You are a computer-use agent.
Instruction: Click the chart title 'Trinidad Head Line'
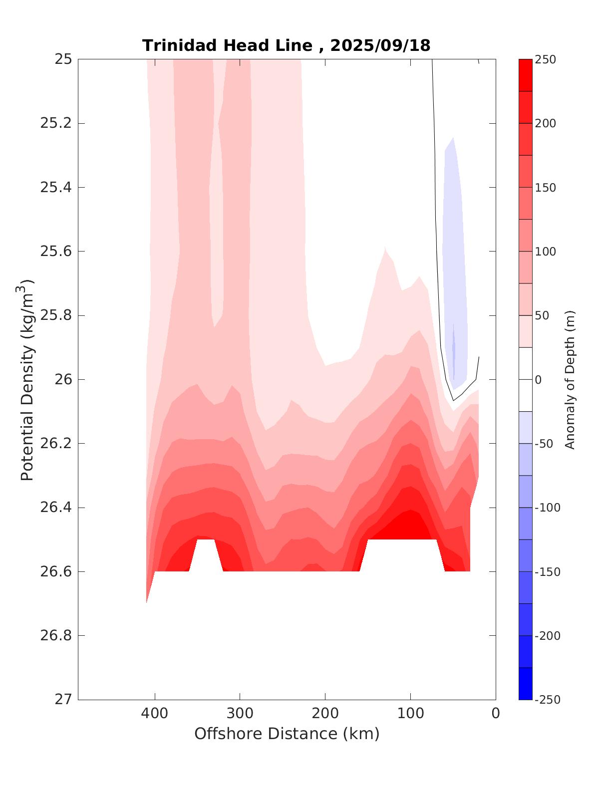[x=227, y=46]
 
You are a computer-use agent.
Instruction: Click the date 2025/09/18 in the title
[x=380, y=46]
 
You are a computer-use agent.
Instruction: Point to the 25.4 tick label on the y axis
[x=55, y=188]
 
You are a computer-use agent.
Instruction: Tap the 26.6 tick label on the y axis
[x=55, y=571]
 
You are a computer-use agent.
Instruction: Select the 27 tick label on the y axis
[x=63, y=700]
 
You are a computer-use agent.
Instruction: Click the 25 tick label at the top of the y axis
[x=63, y=59]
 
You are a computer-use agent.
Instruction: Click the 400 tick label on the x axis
[x=155, y=714]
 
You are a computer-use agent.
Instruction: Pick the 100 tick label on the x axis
[x=410, y=714]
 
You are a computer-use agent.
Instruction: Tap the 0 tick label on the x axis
[x=495, y=714]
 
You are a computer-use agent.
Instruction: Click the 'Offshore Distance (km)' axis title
[x=287, y=734]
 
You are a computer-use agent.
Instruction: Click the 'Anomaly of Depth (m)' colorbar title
[x=570, y=379]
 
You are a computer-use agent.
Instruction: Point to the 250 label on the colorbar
[x=545, y=59]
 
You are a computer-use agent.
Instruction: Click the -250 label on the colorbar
[x=547, y=700]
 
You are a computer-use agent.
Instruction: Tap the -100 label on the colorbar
[x=547, y=508]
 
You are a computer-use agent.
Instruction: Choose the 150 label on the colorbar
[x=545, y=188]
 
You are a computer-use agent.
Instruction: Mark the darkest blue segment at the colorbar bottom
[x=525, y=684]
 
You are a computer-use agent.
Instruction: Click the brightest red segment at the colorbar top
[x=525, y=75]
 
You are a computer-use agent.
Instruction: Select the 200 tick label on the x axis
[x=325, y=714]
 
